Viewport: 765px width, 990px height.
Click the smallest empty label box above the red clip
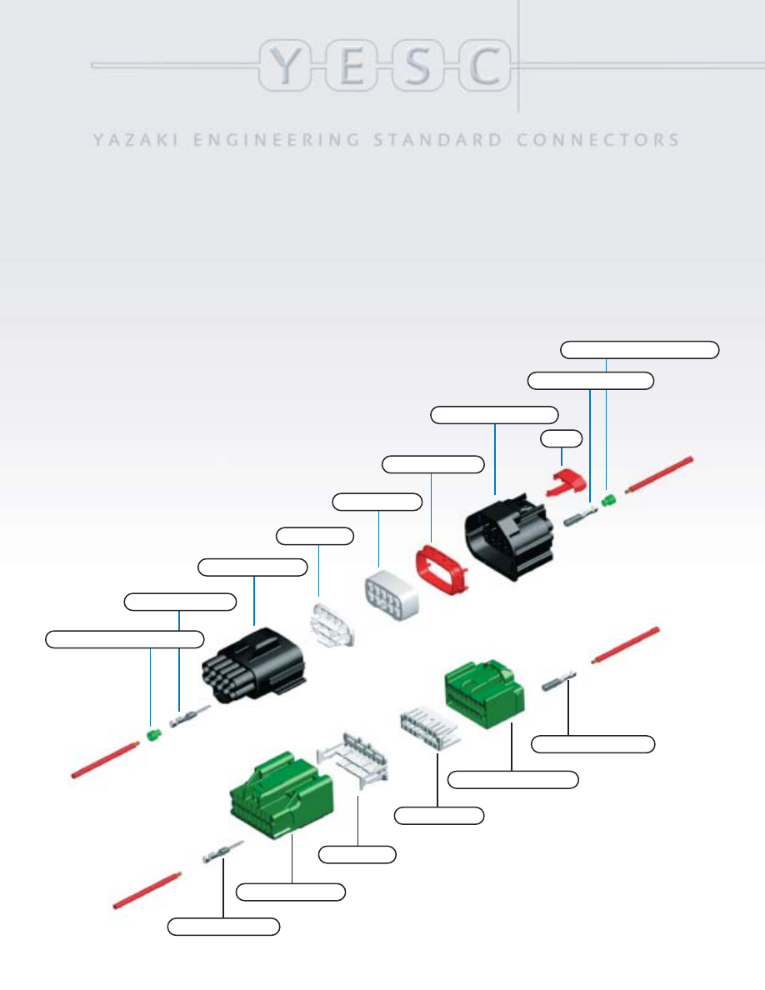click(562, 437)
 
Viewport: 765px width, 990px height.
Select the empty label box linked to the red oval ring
click(432, 463)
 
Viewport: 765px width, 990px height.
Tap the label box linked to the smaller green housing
click(512, 780)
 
